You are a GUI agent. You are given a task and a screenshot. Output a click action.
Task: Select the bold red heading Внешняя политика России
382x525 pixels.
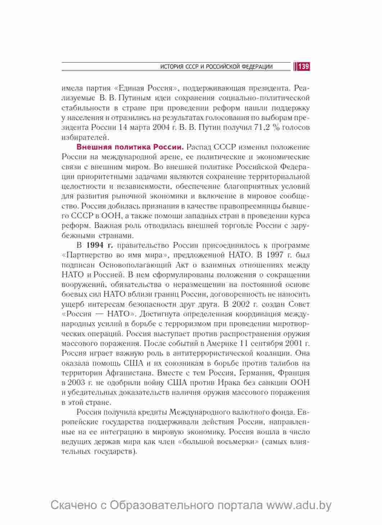130,147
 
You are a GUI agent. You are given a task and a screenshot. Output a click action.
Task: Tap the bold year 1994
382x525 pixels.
95,245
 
